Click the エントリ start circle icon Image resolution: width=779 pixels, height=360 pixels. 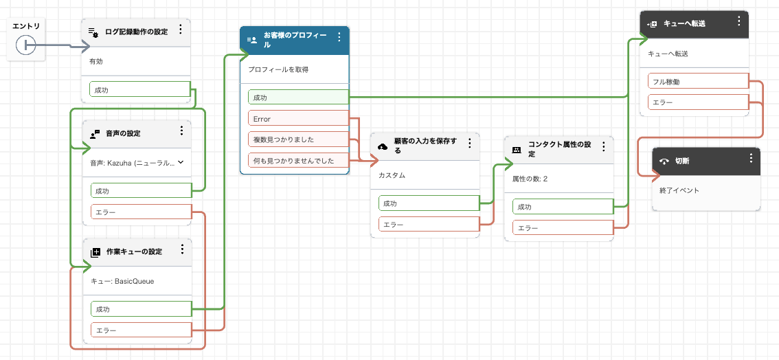[25, 45]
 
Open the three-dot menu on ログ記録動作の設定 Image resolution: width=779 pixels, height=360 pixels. [181, 30]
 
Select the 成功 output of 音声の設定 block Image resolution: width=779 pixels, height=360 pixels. [140, 191]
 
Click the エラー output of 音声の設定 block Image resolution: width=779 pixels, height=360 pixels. [140, 212]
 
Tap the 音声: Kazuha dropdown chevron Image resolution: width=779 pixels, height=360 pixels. [181, 162]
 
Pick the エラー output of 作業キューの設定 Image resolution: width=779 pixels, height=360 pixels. [140, 330]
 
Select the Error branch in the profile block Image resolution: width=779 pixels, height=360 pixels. [298, 119]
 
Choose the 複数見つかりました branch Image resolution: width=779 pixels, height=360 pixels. [298, 139]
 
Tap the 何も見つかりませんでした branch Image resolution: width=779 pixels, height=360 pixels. [298, 161]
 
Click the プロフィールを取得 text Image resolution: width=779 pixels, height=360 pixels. [278, 69]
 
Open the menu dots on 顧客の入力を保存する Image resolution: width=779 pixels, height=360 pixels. [469, 144]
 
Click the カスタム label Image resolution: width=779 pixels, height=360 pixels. [392, 175]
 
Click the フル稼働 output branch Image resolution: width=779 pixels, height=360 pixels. [697, 82]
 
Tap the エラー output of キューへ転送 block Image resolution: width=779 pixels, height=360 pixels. [697, 103]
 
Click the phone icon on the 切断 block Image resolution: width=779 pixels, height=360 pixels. [664, 162]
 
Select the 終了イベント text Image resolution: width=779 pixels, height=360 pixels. [679, 190]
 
